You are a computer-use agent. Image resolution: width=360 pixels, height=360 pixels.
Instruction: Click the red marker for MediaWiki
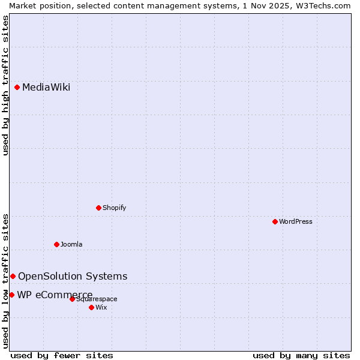tap(17, 88)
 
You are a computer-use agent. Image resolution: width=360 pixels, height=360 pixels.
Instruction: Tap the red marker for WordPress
tap(275, 221)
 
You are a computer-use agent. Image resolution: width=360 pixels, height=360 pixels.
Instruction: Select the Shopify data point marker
tap(98, 208)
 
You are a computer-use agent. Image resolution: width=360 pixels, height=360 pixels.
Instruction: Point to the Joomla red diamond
tap(56, 244)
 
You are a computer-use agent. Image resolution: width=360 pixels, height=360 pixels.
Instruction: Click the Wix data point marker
tap(91, 307)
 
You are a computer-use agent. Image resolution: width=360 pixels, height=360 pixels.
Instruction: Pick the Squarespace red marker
tap(72, 299)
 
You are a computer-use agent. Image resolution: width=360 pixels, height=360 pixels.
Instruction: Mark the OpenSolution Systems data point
tap(13, 276)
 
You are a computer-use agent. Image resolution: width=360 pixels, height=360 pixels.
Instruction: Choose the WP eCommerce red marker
tap(11, 295)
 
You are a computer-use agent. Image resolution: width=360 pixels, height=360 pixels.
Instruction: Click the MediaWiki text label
tap(46, 88)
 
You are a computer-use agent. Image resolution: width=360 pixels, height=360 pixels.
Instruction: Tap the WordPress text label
tap(296, 221)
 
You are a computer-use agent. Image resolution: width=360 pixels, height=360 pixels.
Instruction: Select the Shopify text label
tap(114, 208)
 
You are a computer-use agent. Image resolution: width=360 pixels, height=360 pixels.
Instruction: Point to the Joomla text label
tap(71, 244)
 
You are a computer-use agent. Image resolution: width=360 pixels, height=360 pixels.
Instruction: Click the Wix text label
tap(101, 307)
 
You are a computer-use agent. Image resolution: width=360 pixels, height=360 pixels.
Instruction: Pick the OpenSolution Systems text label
tap(73, 276)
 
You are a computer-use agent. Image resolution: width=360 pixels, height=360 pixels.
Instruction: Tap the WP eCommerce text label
tap(55, 295)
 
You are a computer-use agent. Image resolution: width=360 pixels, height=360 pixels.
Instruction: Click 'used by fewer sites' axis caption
tap(62, 355)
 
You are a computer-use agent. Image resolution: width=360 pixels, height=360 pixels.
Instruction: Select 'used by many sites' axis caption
tap(301, 355)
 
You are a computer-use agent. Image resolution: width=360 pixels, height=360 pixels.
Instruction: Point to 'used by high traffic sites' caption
tap(5, 85)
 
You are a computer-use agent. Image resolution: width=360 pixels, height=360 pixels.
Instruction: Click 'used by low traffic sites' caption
tap(5, 281)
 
